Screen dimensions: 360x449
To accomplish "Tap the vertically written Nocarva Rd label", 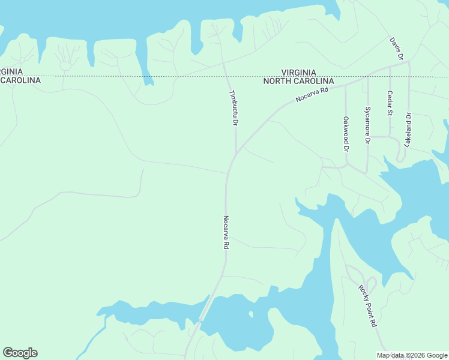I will coord(226,232).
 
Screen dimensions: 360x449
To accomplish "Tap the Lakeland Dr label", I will coord(408,130).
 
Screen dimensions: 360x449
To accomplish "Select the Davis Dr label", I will coord(396,49).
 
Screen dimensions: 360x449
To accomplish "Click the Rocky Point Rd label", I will coord(367,305).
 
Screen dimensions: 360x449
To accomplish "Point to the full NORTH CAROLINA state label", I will coord(299,81).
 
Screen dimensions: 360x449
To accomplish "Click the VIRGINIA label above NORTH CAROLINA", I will coord(299,72).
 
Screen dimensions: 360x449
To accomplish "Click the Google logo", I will coord(20,353).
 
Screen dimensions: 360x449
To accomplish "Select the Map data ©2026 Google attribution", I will coord(411,355).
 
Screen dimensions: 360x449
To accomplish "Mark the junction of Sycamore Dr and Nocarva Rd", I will coord(367,76).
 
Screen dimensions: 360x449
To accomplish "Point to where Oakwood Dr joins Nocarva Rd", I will coord(345,85).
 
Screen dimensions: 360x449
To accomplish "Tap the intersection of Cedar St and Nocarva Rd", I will coord(390,68).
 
